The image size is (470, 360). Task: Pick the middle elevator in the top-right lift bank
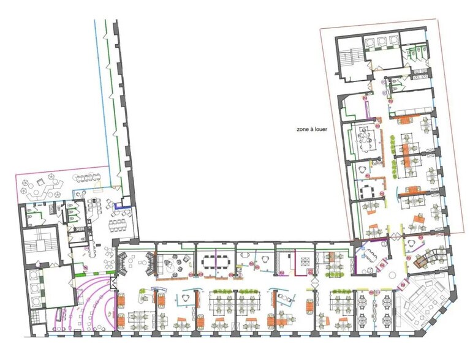tap(383, 41)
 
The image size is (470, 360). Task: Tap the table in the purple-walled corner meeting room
tap(368, 260)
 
